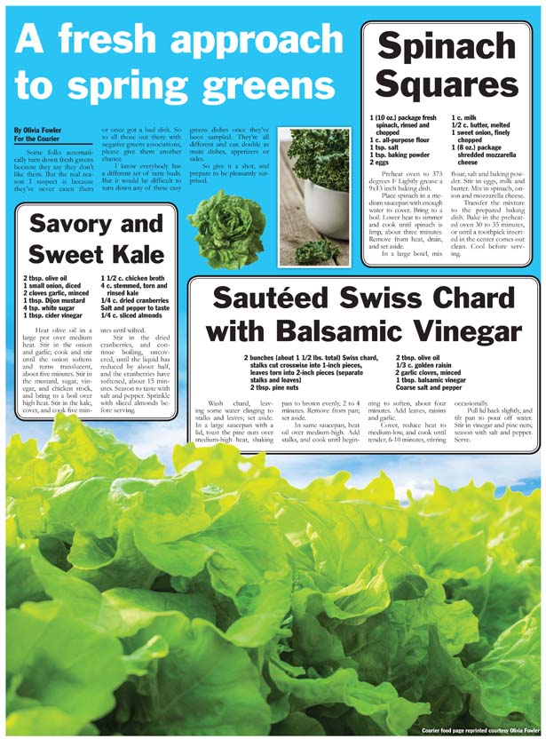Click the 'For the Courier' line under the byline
(37, 139)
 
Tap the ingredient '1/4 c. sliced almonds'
(132, 315)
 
